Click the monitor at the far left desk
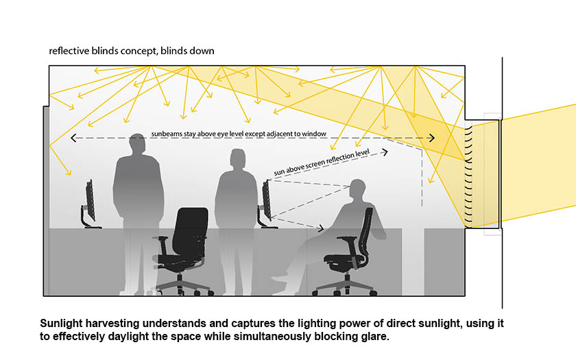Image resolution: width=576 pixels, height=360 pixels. pyautogui.click(x=89, y=200)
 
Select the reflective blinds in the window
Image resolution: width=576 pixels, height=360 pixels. pyautogui.click(x=470, y=175)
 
